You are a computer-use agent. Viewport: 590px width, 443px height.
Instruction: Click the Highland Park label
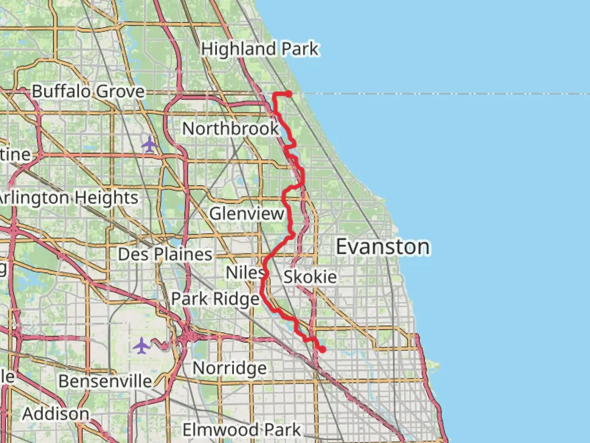260,49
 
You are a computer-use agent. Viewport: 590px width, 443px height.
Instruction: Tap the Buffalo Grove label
88,91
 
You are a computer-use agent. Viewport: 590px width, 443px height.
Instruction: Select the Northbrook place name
230,129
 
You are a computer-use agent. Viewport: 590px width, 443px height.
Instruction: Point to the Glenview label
247,214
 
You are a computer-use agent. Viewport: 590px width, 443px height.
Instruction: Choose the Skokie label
310,277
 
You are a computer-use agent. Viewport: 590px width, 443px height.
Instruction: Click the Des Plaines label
165,255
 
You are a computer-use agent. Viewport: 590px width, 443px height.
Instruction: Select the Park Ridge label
215,299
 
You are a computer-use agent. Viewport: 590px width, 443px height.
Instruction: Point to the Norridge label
229,368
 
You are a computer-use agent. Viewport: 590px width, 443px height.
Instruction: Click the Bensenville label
105,381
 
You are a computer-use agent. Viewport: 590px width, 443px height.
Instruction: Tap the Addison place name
56,414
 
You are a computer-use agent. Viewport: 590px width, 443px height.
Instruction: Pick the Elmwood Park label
242,430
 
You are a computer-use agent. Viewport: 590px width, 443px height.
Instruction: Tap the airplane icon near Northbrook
150,144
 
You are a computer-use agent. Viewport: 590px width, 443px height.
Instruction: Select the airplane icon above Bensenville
142,345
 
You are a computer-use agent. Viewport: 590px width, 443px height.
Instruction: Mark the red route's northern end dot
289,94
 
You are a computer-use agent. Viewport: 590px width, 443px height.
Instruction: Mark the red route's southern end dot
322,349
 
